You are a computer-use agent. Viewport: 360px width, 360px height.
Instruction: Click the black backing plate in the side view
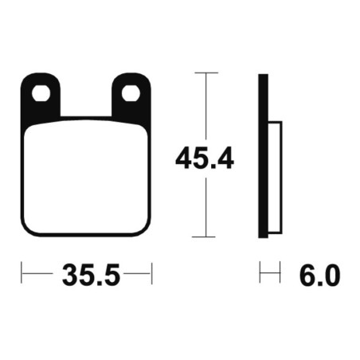(261, 155)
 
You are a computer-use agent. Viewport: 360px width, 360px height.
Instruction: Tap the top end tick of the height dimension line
(205, 73)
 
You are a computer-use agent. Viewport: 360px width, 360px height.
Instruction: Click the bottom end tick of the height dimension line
(205, 237)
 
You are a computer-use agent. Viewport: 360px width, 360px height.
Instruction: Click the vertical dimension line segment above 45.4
(205, 108)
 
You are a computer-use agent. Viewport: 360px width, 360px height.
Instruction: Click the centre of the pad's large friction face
(86, 179)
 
